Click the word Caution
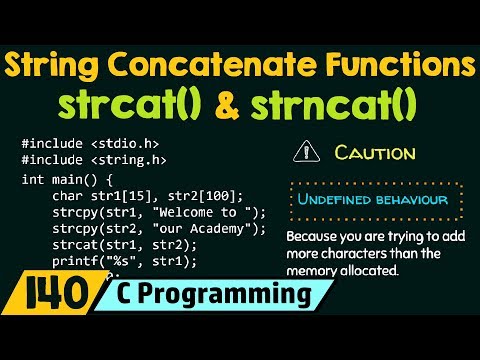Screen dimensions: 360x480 375,153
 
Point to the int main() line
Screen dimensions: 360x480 61,179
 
